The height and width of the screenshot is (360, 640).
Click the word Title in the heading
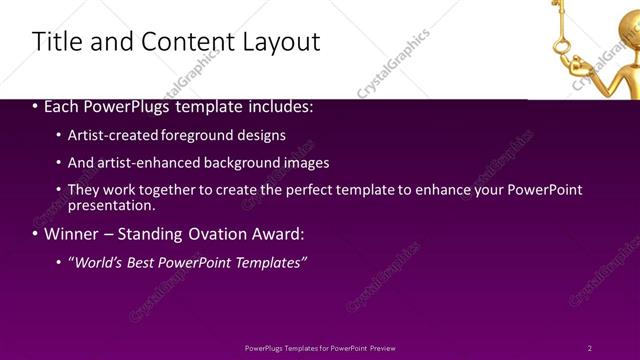tap(55, 41)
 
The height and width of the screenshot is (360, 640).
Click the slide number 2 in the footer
tap(590, 347)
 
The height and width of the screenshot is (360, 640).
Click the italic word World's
tap(93, 262)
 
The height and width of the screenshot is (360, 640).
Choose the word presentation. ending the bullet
tap(111, 205)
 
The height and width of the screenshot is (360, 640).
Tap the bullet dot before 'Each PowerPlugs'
tap(35, 107)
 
